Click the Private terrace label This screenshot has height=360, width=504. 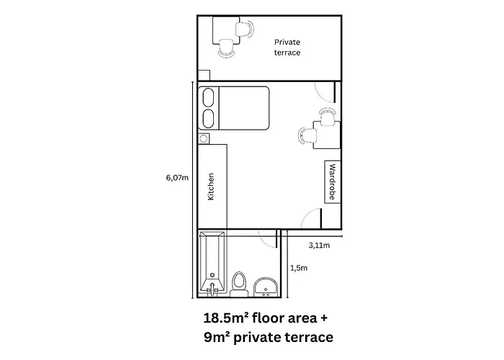[x=287, y=48]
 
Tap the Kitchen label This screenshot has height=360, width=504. [x=211, y=186]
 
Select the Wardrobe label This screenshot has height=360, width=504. [x=333, y=181]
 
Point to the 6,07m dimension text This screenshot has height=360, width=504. [x=177, y=177]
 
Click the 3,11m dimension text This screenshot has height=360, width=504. [x=319, y=246]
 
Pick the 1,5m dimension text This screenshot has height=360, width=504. [x=299, y=268]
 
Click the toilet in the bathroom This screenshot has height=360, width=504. [x=239, y=284]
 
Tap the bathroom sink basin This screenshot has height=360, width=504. [x=266, y=287]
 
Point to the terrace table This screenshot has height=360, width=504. [x=226, y=30]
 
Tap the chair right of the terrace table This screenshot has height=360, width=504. [x=245, y=30]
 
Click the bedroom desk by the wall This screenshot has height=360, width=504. [x=327, y=135]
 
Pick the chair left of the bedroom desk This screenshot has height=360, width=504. [x=307, y=135]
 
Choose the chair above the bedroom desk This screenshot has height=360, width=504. [x=328, y=117]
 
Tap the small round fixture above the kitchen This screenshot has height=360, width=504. [x=204, y=138]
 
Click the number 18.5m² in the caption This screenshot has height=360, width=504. [x=226, y=318]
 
